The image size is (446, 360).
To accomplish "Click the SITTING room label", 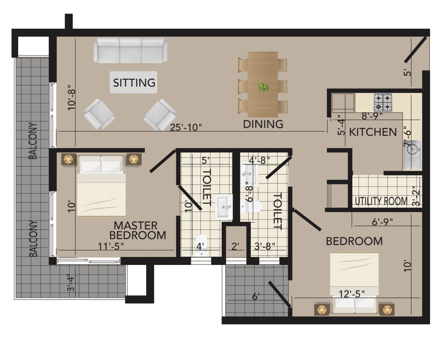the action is click(134, 82).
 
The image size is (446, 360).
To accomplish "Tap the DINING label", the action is click(263, 124).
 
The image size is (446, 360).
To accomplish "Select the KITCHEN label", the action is click(373, 132).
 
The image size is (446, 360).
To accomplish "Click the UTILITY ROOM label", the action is click(381, 201).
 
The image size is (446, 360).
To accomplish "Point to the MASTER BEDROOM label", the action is click(138, 230).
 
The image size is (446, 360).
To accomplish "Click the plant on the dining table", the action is click(263, 88).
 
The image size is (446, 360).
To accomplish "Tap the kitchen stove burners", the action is click(383, 102).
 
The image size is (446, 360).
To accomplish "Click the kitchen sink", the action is click(412, 155).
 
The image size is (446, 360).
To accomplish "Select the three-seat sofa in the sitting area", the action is click(130, 50).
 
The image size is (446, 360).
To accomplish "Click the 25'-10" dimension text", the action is click(186, 127).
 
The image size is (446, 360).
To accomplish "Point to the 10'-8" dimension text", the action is click(72, 97).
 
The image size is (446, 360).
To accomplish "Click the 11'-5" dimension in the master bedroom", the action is click(111, 246).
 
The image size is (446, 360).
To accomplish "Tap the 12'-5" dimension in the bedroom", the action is click(352, 294).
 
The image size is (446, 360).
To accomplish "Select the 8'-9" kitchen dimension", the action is click(372, 116).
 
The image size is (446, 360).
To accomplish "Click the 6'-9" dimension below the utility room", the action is click(382, 222).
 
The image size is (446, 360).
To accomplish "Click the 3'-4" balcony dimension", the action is click(71, 284).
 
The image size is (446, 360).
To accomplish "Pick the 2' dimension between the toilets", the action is click(235, 247).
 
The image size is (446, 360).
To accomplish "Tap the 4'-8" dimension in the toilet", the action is click(259, 160).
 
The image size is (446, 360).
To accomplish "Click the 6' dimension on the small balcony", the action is click(256, 296).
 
